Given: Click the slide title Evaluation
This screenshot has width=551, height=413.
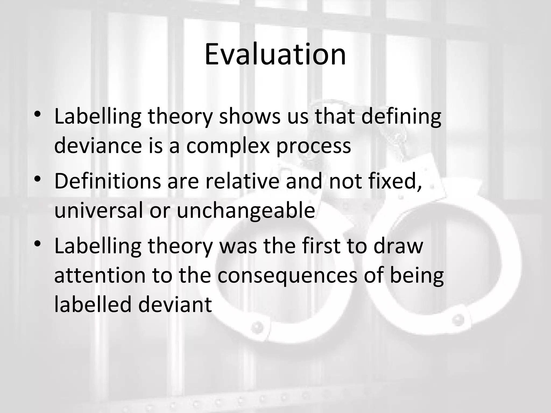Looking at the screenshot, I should [x=275, y=55].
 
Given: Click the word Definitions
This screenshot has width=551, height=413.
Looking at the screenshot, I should [x=107, y=181].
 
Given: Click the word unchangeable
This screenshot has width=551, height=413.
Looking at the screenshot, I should [x=246, y=210].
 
